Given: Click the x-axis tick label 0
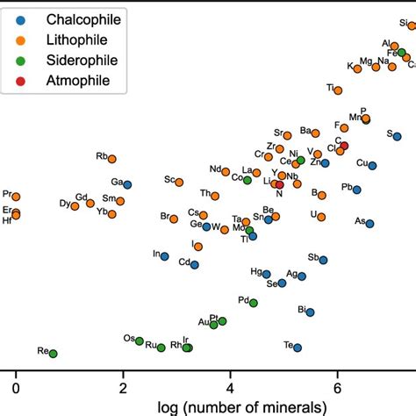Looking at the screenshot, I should pos(15,386).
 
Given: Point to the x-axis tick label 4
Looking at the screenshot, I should pos(230,386).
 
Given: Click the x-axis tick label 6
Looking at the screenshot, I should pos(337,386).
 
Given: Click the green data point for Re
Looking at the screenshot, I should pos(53,354).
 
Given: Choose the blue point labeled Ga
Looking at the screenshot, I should pos(127,184).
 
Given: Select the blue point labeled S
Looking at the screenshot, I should pos(397,136).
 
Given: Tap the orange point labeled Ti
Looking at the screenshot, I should pos(338,90).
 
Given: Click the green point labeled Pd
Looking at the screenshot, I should pos(254,303).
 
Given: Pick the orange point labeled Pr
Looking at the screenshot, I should pos(16,197).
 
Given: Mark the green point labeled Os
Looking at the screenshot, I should pos(139,341).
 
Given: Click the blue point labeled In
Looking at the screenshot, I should pos(164,256).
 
